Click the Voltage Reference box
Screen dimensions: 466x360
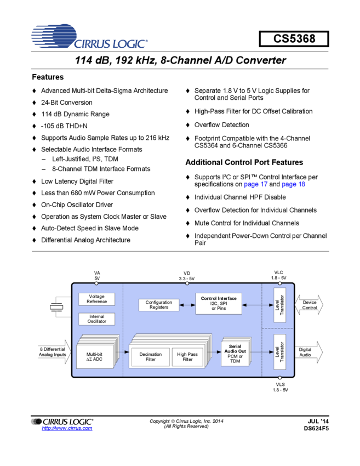[x=96, y=299]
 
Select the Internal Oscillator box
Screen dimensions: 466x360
[x=96, y=319]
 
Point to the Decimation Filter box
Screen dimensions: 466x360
[x=150, y=357]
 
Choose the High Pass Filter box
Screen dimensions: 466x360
[x=187, y=357]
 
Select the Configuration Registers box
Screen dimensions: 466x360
[x=158, y=305]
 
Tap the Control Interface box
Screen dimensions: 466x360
[x=219, y=304]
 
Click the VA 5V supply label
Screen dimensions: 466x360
[x=97, y=275]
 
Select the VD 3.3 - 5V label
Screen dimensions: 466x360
[x=186, y=275]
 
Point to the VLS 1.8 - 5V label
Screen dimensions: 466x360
[x=279, y=387]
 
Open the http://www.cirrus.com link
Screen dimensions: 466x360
[x=67, y=428]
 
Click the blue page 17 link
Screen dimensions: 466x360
[x=256, y=185]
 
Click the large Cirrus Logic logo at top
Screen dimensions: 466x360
[x=89, y=36]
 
